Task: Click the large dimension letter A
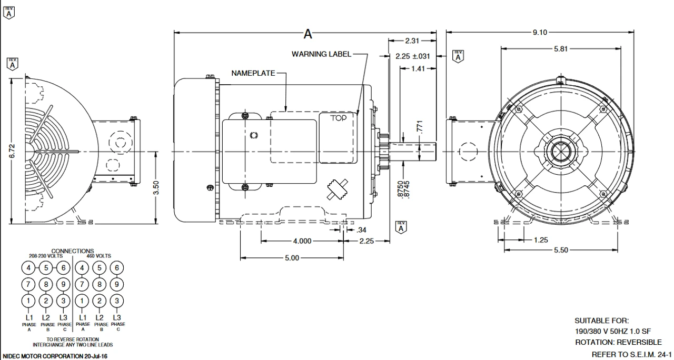click(308, 34)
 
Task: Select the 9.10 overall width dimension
click(540, 33)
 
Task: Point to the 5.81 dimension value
click(560, 48)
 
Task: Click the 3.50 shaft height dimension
click(156, 188)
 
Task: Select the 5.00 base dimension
click(292, 258)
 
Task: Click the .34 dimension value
click(361, 230)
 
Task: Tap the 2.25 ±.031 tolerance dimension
click(412, 56)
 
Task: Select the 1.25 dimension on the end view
click(540, 240)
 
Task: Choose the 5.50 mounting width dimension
click(561, 250)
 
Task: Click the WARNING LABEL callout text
click(321, 54)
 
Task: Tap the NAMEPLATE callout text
click(253, 73)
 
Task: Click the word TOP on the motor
click(339, 118)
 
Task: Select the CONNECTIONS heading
click(73, 251)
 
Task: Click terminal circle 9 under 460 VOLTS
click(117, 284)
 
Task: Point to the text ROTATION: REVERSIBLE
click(618, 343)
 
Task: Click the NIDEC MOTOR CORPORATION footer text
click(55, 356)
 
